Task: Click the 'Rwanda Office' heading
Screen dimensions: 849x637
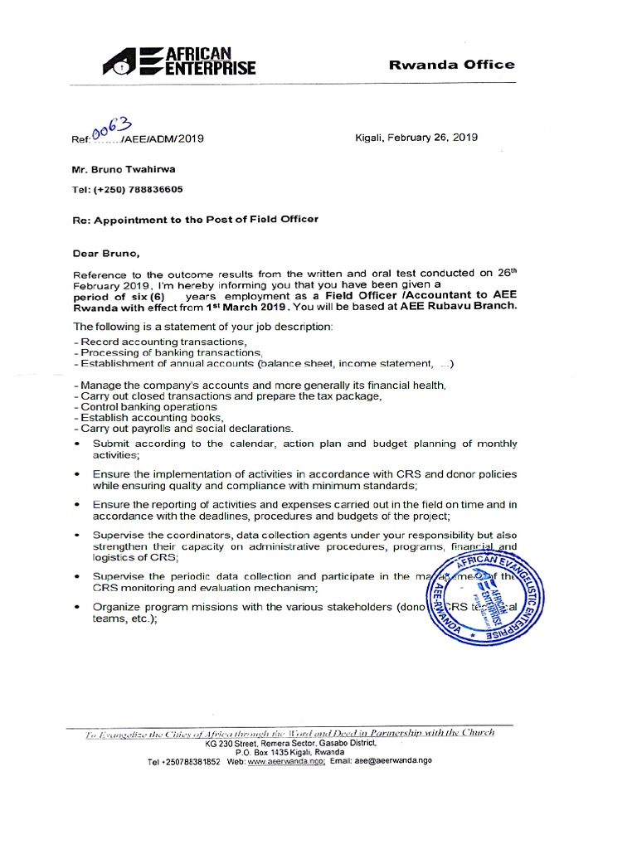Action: pos(452,65)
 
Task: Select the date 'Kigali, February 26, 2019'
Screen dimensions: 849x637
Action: pos(416,138)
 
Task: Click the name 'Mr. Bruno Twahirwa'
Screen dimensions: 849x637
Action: pos(124,169)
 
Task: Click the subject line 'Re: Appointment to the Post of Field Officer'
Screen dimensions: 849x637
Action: pos(195,219)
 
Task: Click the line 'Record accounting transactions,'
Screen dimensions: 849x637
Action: pos(161,342)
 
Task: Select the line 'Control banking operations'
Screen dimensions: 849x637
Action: pos(137,407)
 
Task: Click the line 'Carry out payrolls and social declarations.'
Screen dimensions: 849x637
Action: pos(183,429)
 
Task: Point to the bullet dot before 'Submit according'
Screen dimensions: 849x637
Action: pos(77,444)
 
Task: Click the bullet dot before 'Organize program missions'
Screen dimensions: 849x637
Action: pos(77,607)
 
